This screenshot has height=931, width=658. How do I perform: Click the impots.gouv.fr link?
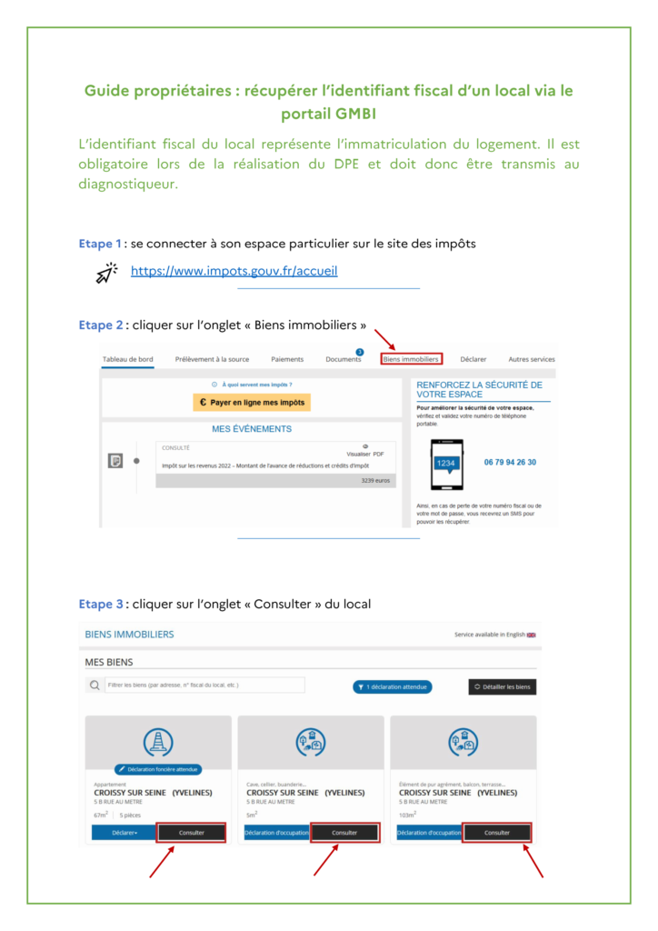click(x=234, y=271)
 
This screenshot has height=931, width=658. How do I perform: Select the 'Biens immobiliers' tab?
click(x=411, y=359)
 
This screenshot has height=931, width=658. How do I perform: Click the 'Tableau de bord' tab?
click(x=128, y=359)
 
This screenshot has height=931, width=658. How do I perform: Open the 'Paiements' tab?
click(x=287, y=359)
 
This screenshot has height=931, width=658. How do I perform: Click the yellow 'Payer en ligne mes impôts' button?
click(x=252, y=402)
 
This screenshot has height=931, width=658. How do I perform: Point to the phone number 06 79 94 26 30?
click(x=510, y=462)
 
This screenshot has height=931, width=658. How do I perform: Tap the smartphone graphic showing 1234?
click(x=445, y=465)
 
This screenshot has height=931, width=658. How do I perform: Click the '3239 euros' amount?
click(x=375, y=480)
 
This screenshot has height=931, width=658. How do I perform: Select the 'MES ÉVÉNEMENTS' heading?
click(x=252, y=429)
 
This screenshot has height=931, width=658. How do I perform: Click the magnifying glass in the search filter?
click(x=95, y=686)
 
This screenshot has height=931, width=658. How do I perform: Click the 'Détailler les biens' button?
click(x=503, y=686)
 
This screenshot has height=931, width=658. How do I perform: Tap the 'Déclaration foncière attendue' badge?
click(x=158, y=769)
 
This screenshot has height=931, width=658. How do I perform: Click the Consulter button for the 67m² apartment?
click(x=191, y=832)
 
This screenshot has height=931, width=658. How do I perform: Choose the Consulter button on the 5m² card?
click(x=344, y=832)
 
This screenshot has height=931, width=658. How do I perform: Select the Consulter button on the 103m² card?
click(x=497, y=832)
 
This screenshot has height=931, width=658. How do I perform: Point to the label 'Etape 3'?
click(x=100, y=604)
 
